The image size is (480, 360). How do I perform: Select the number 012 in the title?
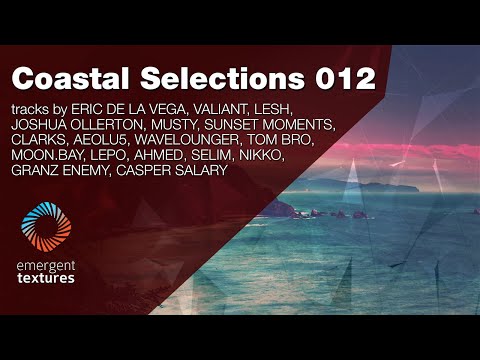[341, 77]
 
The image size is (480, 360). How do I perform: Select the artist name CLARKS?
[38, 141]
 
